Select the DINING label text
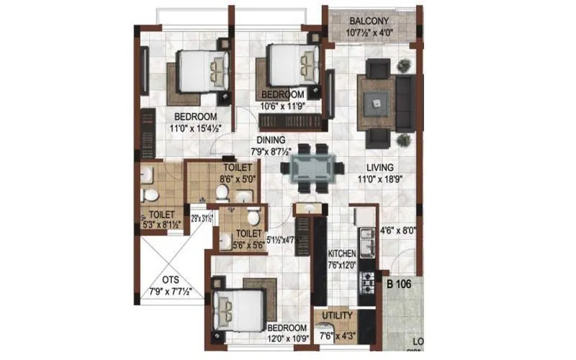click(x=270, y=140)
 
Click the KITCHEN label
click(x=341, y=254)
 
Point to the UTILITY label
click(x=337, y=316)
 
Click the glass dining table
click(x=311, y=168)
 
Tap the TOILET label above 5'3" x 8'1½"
click(x=162, y=215)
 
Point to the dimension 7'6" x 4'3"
click(x=337, y=333)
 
